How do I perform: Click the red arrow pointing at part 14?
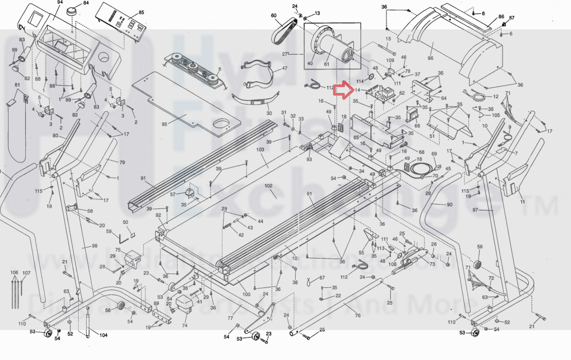(x=343, y=90)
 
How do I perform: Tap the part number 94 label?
(x=60, y=2)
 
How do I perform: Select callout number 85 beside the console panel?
(x=141, y=12)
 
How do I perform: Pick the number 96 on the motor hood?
(x=430, y=58)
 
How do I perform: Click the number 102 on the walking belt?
(x=268, y=186)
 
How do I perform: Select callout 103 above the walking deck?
(x=261, y=150)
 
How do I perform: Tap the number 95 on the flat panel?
(x=164, y=124)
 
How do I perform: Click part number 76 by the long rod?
(x=357, y=315)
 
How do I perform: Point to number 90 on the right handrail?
(x=448, y=205)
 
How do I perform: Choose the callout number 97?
(x=475, y=210)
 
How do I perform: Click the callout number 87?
(x=512, y=18)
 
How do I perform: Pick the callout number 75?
(x=118, y=250)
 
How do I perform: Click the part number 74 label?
(x=185, y=325)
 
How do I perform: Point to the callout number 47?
(x=284, y=68)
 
